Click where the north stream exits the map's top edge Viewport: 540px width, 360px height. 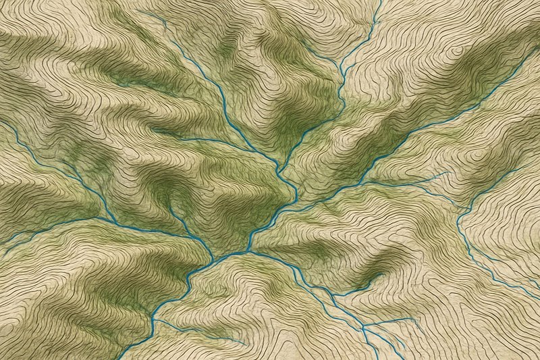(x=380, y=1)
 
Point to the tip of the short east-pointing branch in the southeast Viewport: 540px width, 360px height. (x=416, y=318)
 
